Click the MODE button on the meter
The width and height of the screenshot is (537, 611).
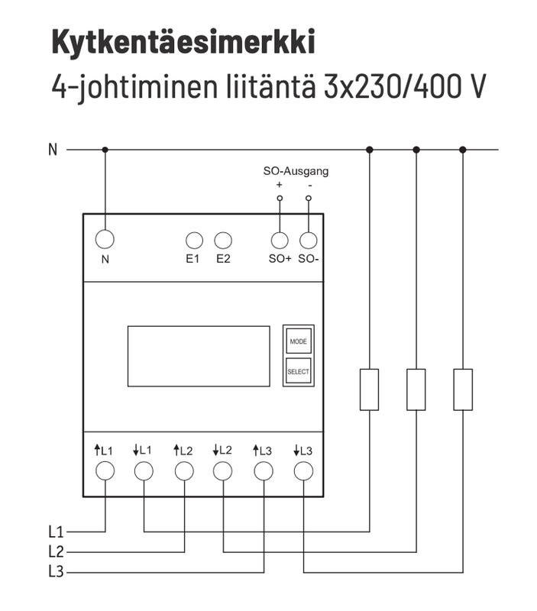[298, 341]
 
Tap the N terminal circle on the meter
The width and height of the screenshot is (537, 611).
[105, 239]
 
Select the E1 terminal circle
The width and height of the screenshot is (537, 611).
[194, 240]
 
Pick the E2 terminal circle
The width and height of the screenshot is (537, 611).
[223, 240]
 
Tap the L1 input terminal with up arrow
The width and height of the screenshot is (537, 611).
[105, 470]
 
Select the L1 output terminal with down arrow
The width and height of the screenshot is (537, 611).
[144, 470]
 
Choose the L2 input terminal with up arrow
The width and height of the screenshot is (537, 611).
[184, 470]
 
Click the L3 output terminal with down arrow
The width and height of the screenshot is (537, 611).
[303, 470]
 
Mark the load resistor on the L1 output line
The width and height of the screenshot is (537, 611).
[369, 389]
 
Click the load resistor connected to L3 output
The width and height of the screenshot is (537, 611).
[463, 389]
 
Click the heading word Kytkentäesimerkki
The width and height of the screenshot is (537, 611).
[183, 43]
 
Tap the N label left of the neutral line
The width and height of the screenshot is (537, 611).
[53, 150]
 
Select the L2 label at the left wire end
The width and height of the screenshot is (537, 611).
[55, 551]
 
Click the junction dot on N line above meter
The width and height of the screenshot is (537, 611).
[105, 150]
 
